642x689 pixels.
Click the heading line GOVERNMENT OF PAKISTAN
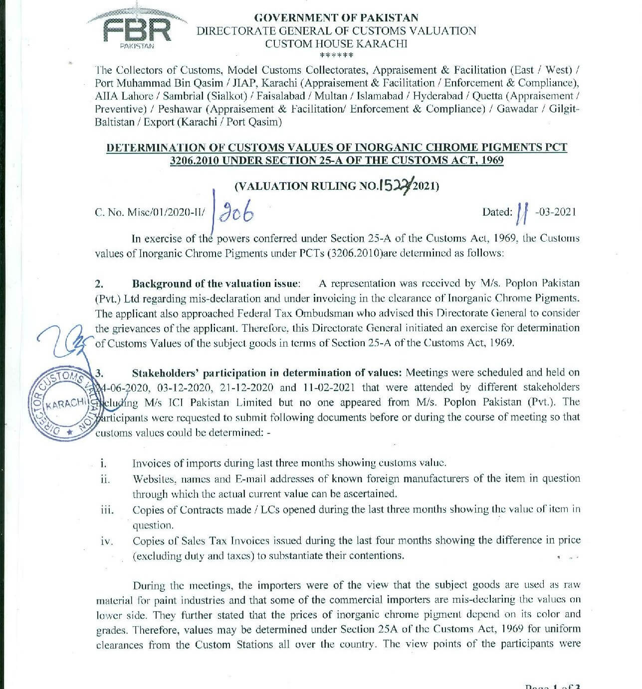click(x=336, y=18)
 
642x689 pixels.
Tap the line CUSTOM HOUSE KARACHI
click(x=336, y=44)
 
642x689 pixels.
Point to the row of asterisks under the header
click(x=336, y=55)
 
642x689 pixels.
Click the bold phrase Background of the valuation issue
click(x=215, y=284)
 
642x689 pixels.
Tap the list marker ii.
click(x=105, y=479)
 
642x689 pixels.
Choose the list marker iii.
click(x=107, y=510)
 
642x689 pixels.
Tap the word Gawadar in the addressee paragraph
click(x=519, y=109)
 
